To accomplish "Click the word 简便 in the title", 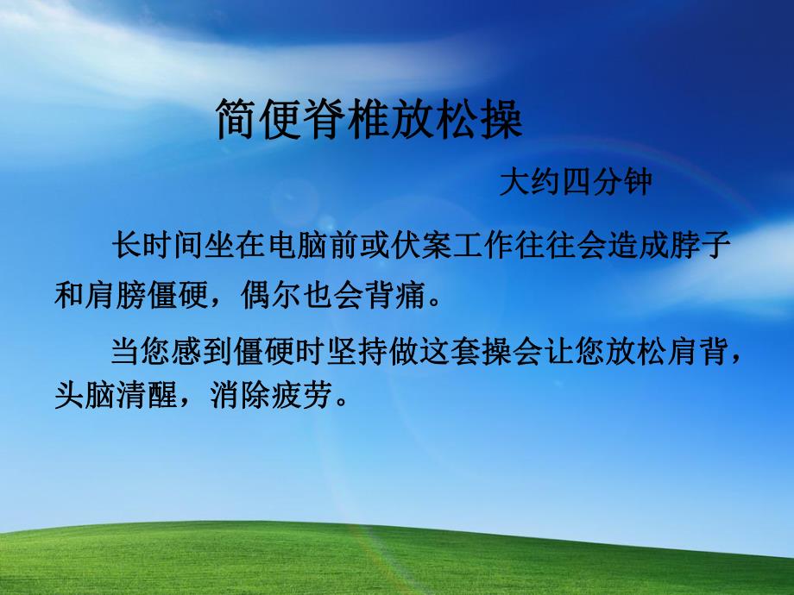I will tap(259, 122).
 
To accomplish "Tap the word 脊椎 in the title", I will tap(347, 122).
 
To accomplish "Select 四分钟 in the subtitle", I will tap(603, 184).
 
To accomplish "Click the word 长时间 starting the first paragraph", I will tap(155, 247).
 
